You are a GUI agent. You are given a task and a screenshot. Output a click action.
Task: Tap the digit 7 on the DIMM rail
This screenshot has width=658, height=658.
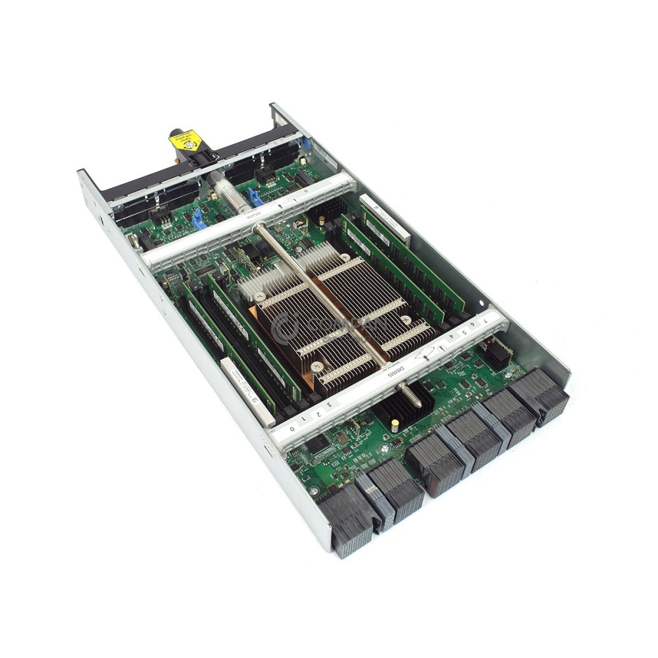[x=486, y=320]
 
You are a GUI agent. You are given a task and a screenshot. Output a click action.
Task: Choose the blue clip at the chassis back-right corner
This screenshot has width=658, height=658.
[x=305, y=142]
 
